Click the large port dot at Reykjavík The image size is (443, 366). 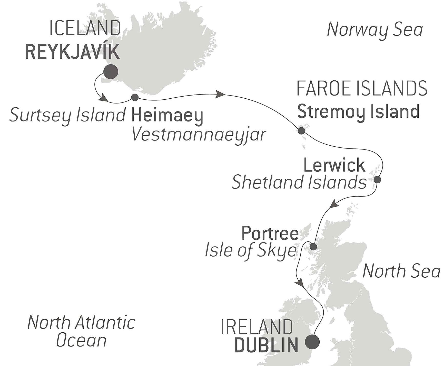[111, 72]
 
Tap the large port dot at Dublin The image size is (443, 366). [312, 342]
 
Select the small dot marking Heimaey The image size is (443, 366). [135, 97]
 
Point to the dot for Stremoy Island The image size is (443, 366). [301, 130]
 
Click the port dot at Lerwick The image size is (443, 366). [377, 180]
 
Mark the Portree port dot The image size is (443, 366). [313, 247]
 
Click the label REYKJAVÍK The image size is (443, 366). [73, 52]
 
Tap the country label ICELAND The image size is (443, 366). [85, 29]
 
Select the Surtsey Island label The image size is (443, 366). [67, 115]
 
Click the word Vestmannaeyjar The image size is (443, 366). [199, 134]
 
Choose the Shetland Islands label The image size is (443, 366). [299, 182]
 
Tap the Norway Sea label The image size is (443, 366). [375, 30]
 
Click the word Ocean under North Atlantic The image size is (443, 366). [81, 341]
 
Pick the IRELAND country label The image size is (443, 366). [257, 327]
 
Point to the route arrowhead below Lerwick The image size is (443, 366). [333, 204]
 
